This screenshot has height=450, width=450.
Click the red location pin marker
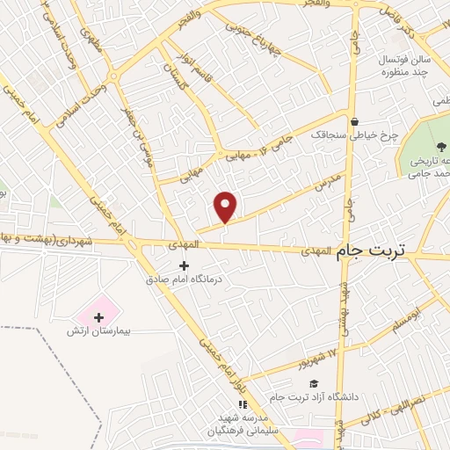point(226,206)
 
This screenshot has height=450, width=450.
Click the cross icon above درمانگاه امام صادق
point(184,265)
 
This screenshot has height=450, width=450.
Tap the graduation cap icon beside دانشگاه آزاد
point(313,383)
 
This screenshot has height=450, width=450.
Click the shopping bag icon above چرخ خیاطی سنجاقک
point(353,122)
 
